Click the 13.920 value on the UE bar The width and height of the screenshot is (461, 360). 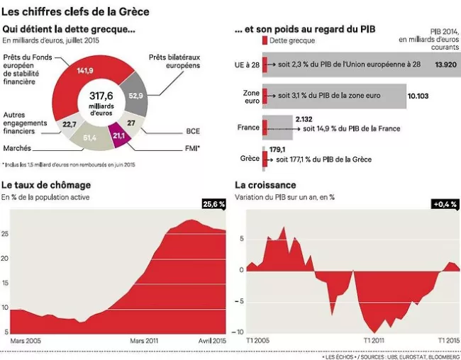(x=445, y=64)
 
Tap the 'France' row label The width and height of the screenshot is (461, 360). (x=248, y=128)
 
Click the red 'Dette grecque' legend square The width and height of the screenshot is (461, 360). (x=265, y=41)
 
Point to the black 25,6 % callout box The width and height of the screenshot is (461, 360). (x=213, y=203)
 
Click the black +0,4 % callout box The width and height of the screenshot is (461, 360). (x=445, y=203)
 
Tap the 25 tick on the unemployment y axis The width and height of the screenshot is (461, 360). (x=6, y=232)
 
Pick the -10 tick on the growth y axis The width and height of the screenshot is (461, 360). (x=240, y=332)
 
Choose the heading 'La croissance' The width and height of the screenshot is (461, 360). (x=265, y=185)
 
